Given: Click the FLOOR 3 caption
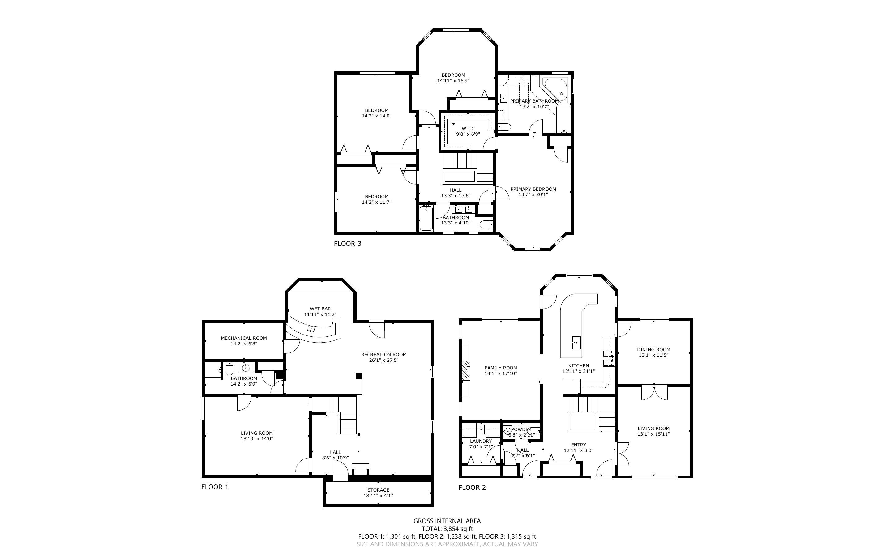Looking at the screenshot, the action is click(x=348, y=244).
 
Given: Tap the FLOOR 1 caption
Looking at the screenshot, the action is click(x=215, y=487).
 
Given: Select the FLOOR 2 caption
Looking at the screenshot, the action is click(x=472, y=487).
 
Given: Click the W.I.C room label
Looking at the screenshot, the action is click(x=468, y=129).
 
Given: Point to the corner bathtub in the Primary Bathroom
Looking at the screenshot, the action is click(x=555, y=90).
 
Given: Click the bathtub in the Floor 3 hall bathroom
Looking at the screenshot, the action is click(x=426, y=218).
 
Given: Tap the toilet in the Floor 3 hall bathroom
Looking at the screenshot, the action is click(x=486, y=224).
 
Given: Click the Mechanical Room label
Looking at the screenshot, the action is click(x=244, y=338).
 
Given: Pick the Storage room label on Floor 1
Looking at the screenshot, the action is click(x=378, y=490).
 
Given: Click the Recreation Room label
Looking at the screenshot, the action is click(x=384, y=355).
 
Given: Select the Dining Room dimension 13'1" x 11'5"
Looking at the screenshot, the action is click(x=653, y=355).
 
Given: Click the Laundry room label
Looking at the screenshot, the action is click(x=481, y=441).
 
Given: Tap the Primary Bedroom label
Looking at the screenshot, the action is click(x=533, y=189).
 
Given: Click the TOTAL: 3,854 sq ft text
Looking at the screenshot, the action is click(x=447, y=529).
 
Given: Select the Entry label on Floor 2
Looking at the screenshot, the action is click(x=579, y=445).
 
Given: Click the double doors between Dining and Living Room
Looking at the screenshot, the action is click(x=654, y=393).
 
